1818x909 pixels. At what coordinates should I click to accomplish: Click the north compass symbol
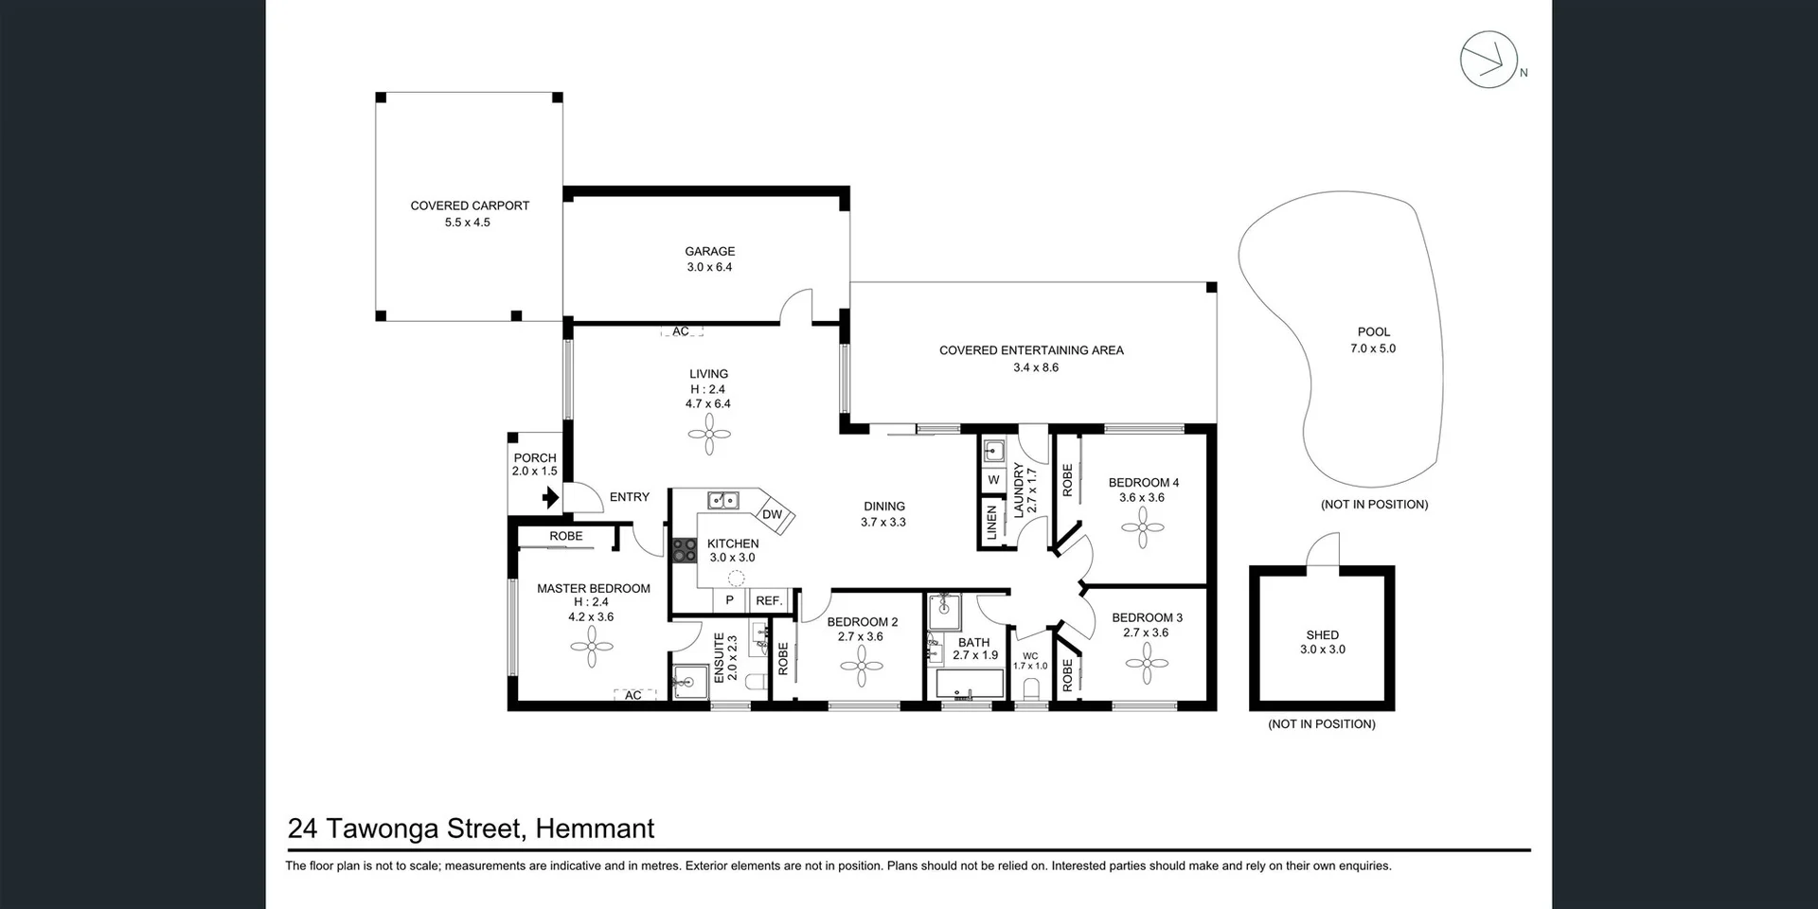tap(1488, 60)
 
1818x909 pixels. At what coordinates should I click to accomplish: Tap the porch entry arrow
tap(550, 497)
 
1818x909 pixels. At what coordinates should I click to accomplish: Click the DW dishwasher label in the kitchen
tap(773, 514)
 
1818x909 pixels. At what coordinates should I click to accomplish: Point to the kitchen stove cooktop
tap(684, 550)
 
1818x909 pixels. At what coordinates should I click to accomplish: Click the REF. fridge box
tap(769, 600)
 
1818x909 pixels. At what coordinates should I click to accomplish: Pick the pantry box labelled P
tap(729, 600)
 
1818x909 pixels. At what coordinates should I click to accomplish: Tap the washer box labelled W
tap(993, 480)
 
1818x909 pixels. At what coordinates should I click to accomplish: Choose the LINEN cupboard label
tap(992, 523)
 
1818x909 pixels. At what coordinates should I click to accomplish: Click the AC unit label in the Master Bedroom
tap(633, 695)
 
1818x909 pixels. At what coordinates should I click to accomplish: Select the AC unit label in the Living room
tap(681, 331)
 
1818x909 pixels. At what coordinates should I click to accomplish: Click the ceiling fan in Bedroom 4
tap(1143, 527)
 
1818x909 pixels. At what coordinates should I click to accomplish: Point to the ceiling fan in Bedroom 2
tap(862, 667)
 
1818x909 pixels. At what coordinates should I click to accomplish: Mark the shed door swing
tap(1324, 551)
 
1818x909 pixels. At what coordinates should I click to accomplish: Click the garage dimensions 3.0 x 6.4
tap(709, 267)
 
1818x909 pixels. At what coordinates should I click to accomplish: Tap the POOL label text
tap(1373, 331)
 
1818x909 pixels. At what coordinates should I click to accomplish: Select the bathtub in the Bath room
tap(970, 685)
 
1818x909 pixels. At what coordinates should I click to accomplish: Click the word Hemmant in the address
tap(595, 829)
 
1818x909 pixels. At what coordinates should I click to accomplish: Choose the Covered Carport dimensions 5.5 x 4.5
tap(468, 223)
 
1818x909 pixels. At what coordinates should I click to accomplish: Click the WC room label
tap(1030, 655)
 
